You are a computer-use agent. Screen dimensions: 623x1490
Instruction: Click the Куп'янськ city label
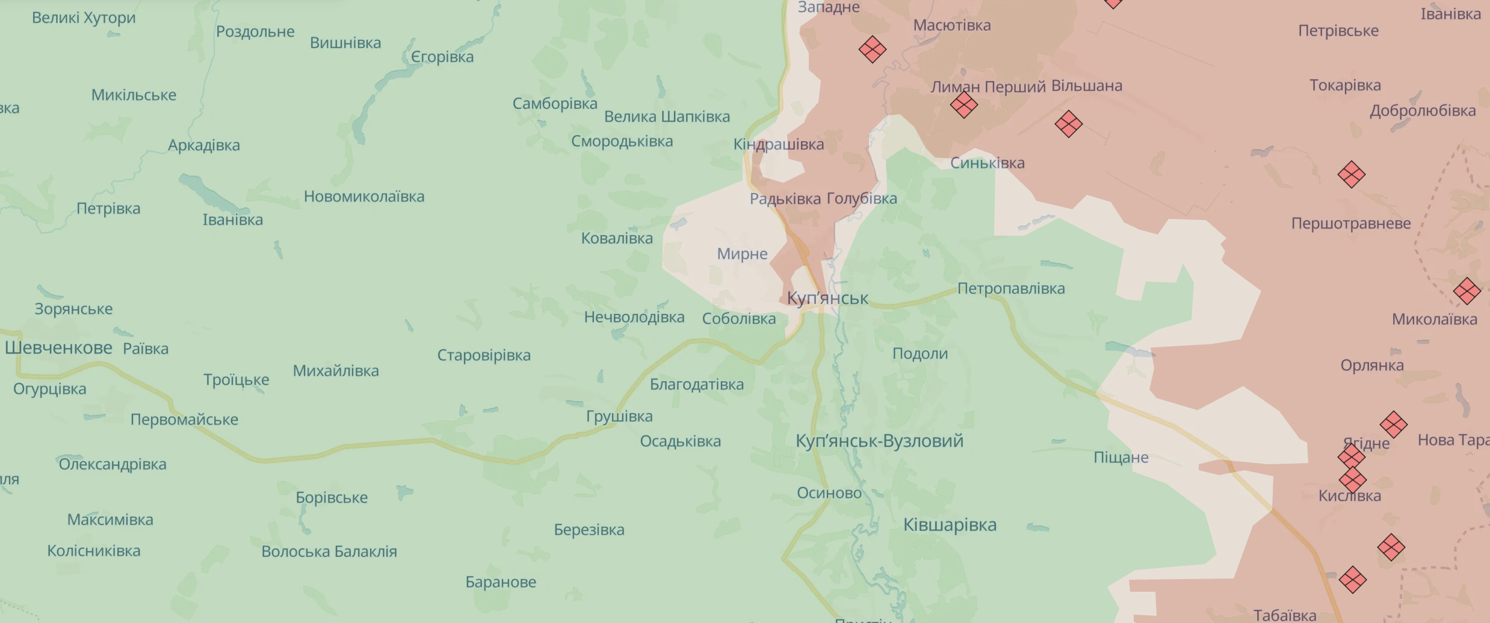point(827,298)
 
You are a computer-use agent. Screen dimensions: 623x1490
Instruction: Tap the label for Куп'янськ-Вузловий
point(879,441)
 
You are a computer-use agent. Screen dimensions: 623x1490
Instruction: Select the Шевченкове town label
point(58,348)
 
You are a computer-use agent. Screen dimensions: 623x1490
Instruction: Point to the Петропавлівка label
point(1011,289)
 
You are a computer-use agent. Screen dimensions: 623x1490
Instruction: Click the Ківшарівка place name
point(950,525)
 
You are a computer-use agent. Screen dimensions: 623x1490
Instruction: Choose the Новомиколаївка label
point(364,197)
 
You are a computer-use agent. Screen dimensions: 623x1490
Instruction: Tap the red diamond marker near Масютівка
point(872,49)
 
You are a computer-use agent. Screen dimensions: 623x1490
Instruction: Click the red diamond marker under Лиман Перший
point(963,105)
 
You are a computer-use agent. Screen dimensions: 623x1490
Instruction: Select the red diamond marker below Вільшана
point(1068,124)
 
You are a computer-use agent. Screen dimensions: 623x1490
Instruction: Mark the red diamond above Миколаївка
point(1467,291)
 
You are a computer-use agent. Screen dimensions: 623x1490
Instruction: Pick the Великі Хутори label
point(84,18)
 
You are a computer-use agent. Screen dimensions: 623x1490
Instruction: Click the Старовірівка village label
point(484,355)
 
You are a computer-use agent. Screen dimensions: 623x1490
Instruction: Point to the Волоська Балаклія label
point(329,551)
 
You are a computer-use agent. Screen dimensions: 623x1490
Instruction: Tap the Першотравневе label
point(1351,224)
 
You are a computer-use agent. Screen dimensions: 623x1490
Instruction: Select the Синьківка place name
point(987,163)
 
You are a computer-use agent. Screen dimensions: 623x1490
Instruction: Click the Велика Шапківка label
point(667,117)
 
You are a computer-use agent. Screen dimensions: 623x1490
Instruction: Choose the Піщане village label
point(1121,458)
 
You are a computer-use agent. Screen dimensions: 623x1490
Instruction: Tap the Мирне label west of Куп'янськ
point(742,254)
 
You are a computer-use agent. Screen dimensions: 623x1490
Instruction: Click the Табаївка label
point(1285,615)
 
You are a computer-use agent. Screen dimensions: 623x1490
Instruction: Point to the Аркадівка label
point(203,146)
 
